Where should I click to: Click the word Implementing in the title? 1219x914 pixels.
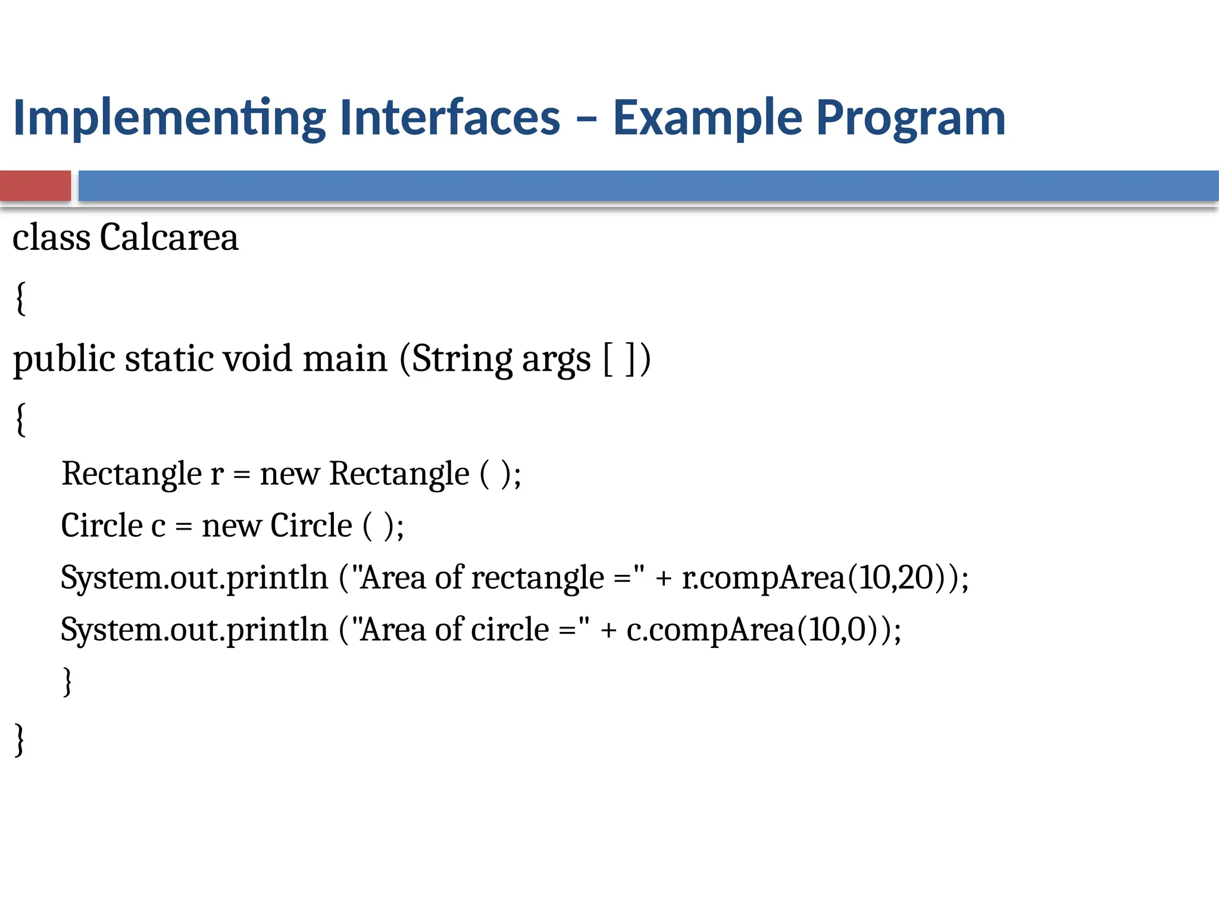169,118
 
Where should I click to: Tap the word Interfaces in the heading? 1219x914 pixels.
450,117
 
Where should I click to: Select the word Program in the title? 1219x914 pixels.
910,118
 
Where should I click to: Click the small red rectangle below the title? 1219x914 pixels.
35,186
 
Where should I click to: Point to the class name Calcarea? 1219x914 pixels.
168,237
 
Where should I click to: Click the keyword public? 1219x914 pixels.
64,359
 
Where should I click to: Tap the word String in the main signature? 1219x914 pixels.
462,359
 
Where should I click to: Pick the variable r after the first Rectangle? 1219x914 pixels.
217,474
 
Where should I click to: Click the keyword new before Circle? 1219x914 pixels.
232,526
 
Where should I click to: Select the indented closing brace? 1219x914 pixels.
67,681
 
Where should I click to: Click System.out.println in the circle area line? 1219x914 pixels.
194,630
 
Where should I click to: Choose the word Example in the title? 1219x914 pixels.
707,118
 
